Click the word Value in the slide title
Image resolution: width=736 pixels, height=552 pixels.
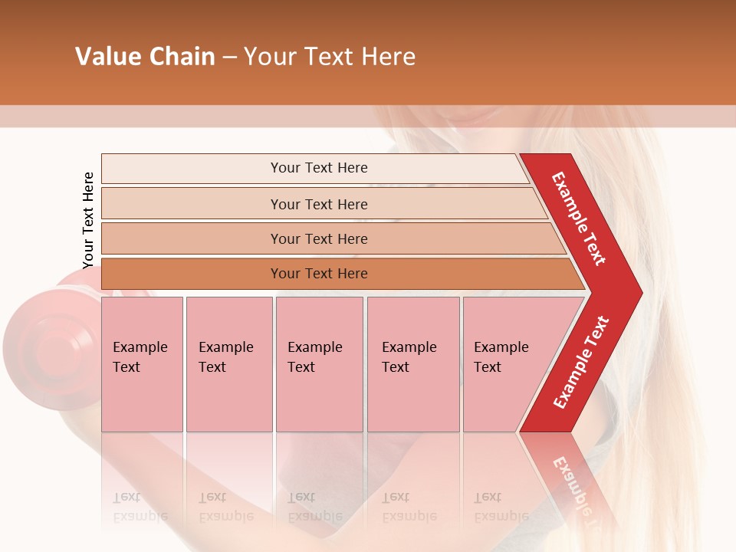click(x=106, y=57)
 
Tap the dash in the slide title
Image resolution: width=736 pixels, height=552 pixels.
click(x=229, y=58)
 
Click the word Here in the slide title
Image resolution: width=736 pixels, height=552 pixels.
click(x=388, y=57)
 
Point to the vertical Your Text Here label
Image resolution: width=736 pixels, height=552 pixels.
click(x=88, y=220)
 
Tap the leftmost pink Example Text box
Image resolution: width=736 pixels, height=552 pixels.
click(x=142, y=364)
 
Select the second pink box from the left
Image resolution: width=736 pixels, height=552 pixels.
click(x=228, y=364)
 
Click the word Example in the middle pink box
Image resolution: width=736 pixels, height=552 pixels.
click(x=314, y=347)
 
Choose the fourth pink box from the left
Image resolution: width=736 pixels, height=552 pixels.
click(x=412, y=364)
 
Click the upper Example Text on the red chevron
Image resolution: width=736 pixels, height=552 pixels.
click(x=579, y=219)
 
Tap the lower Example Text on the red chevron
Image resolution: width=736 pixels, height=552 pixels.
click(x=581, y=363)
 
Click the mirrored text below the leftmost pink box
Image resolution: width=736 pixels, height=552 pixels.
click(x=140, y=507)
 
